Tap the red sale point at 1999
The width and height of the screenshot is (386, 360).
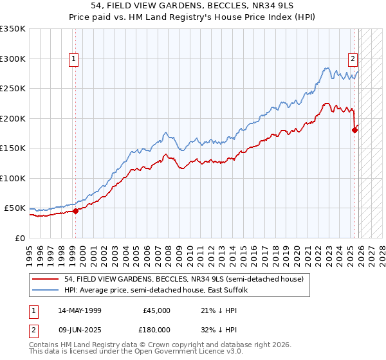pos(75,210)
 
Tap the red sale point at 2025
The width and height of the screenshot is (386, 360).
pos(354,130)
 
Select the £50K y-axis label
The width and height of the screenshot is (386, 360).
pos(14,208)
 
